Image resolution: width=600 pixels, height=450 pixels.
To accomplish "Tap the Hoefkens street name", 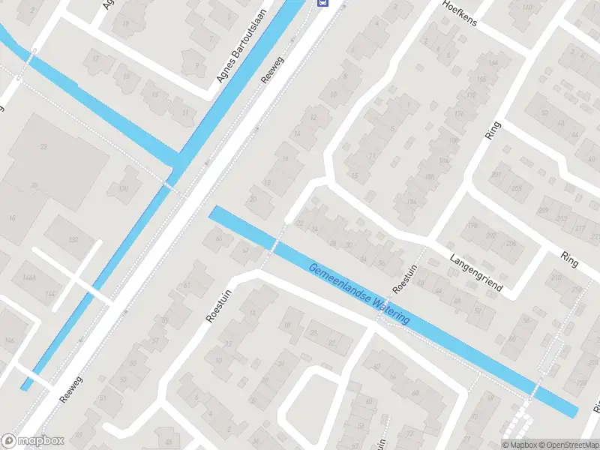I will [460, 11].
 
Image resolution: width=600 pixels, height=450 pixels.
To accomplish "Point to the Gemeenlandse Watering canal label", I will [359, 293].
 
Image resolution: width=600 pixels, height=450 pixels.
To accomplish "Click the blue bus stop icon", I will [322, 3].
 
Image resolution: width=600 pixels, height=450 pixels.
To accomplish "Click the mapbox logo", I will [33, 441].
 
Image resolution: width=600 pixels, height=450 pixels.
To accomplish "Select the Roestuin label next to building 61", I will [216, 307].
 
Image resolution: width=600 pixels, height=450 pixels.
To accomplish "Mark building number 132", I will [73, 239].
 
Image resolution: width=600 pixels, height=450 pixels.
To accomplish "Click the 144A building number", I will [29, 277].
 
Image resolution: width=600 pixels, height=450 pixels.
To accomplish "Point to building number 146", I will [9, 340].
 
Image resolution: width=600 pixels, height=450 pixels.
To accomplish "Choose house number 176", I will [458, 114].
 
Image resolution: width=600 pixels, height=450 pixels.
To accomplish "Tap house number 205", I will [516, 188].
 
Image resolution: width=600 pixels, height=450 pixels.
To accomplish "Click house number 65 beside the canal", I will [219, 239].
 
